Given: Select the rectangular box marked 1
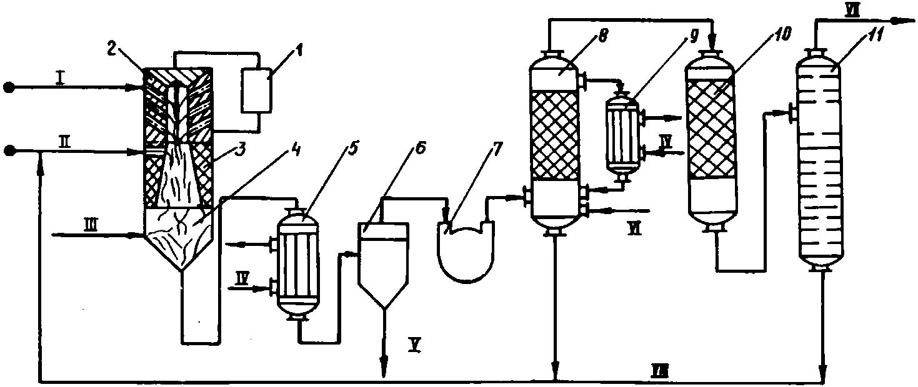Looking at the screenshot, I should click(256, 91).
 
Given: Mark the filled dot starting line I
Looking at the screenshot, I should click(8, 86).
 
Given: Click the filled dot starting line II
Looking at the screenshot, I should click(8, 150).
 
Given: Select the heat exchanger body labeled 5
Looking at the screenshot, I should click(297, 265).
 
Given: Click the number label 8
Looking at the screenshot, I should click(601, 36).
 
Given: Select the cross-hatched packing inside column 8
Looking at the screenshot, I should click(556, 135).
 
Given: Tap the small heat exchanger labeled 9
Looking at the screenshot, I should click(622, 134).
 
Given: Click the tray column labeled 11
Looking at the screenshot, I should click(820, 162).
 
